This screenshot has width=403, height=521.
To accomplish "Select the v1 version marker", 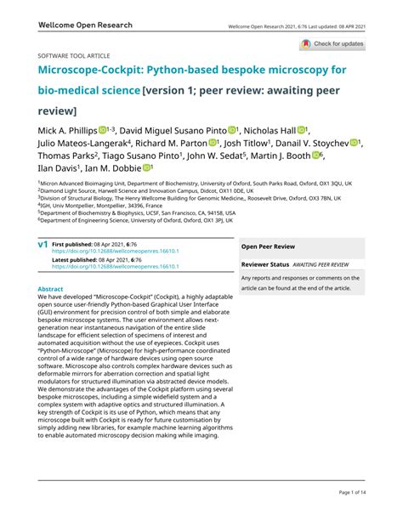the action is coord(43,244).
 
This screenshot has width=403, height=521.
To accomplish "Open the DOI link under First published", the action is coord(116,252).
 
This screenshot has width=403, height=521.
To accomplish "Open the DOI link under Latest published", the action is coord(116,267).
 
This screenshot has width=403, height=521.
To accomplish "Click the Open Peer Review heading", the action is coord(269,246).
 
